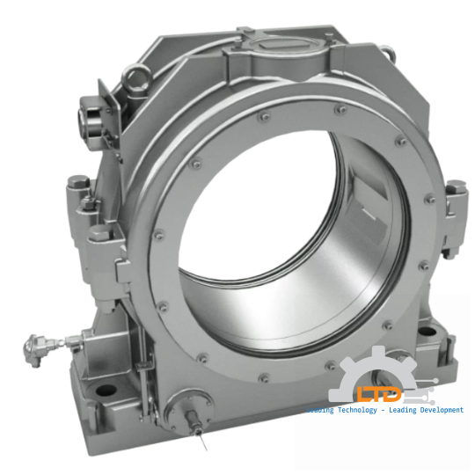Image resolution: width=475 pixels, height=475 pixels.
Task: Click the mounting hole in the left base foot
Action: coord(104,390)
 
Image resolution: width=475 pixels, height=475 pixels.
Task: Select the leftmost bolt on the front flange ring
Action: coord(158,234)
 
